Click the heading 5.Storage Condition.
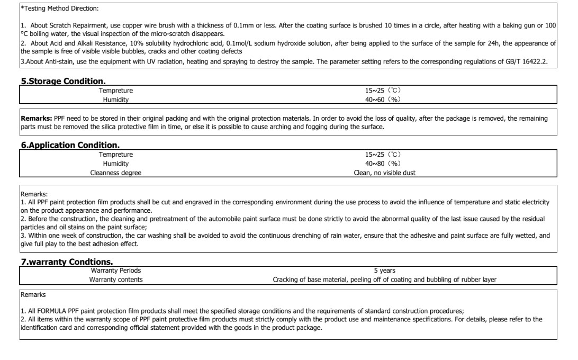(63, 82)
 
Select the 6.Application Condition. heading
(70, 145)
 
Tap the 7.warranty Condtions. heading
(67, 262)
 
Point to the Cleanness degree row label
(116, 173)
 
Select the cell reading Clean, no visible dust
(384, 173)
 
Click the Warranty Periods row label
(115, 271)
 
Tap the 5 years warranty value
(384, 271)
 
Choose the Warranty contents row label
(115, 280)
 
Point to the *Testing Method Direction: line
(60, 8)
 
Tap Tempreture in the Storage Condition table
(115, 91)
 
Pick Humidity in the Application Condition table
(115, 164)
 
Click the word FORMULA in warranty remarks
(50, 311)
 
